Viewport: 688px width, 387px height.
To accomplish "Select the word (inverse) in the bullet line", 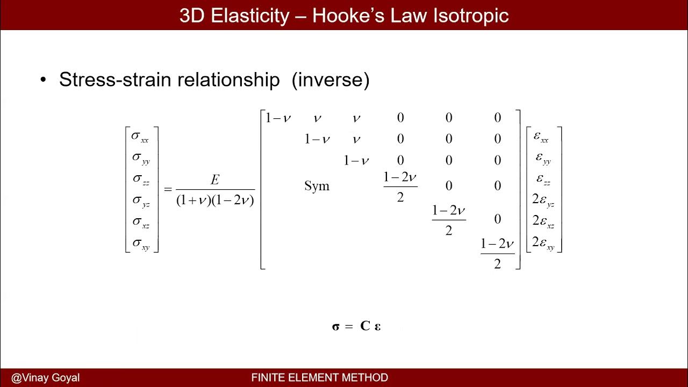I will pyautogui.click(x=331, y=80).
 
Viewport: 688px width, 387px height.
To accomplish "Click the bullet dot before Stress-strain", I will pyautogui.click(x=44, y=81).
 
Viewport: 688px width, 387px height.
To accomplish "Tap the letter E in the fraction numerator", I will pyautogui.click(x=215, y=180).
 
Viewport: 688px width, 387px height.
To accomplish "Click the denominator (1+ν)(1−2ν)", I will pyautogui.click(x=215, y=200).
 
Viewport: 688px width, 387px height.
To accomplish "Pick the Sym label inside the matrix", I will pyautogui.click(x=317, y=186).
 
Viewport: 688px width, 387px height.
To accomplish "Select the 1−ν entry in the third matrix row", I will pyautogui.click(x=356, y=161).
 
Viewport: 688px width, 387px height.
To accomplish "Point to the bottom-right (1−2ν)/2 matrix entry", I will pyautogui.click(x=497, y=253).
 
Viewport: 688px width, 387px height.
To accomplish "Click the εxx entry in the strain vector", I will pyautogui.click(x=541, y=137).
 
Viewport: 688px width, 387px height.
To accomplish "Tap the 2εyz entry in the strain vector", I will pyautogui.click(x=543, y=200).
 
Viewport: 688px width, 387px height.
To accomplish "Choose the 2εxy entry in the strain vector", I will pyautogui.click(x=543, y=243).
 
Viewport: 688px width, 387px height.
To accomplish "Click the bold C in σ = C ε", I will pyautogui.click(x=365, y=326).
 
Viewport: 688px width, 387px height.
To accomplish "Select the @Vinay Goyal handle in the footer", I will pyautogui.click(x=45, y=378).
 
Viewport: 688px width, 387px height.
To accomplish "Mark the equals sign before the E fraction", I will pyautogui.click(x=168, y=189).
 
